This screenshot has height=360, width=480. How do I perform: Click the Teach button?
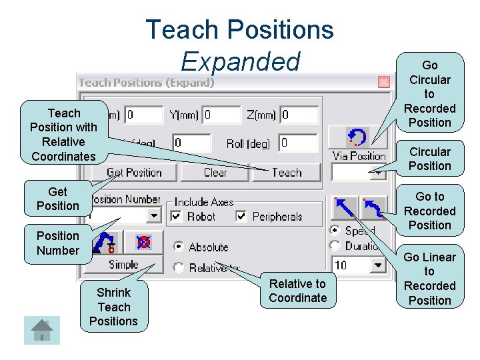coord(287,173)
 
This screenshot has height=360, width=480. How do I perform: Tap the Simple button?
coord(123,265)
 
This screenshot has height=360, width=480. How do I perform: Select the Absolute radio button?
coord(178,247)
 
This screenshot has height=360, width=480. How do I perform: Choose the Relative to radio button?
coord(178,268)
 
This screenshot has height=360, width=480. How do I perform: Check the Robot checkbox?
coord(176,216)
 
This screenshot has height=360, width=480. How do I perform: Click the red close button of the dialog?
coord(384,83)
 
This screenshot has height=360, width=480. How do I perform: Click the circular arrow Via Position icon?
coord(358,138)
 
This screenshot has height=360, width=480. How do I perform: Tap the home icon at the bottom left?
coord(42,329)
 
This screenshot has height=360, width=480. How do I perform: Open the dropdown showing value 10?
coord(379,265)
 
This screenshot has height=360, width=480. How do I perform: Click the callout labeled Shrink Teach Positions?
coord(113,307)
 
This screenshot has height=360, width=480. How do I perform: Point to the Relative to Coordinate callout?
coord(298,291)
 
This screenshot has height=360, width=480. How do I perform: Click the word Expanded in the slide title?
coord(240,61)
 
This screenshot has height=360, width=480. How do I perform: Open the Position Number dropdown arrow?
coord(154,216)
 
